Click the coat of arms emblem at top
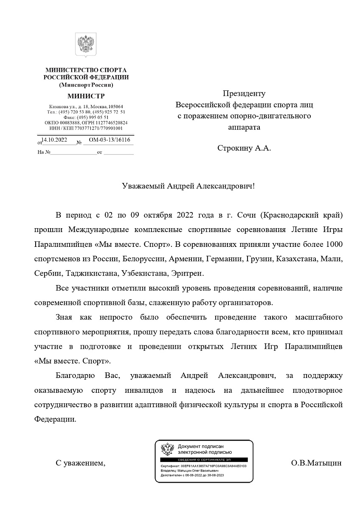pyautogui.click(x=86, y=45)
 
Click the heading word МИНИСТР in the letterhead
pyautogui.click(x=86, y=96)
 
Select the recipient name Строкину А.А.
pyautogui.click(x=244, y=148)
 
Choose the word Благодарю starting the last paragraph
pyautogui.click(x=72, y=375)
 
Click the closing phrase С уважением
pyautogui.click(x=80, y=463)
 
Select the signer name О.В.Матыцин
pyautogui.click(x=316, y=463)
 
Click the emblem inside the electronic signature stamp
pyautogui.click(x=168, y=449)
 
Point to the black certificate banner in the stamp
pyautogui.click(x=204, y=460)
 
